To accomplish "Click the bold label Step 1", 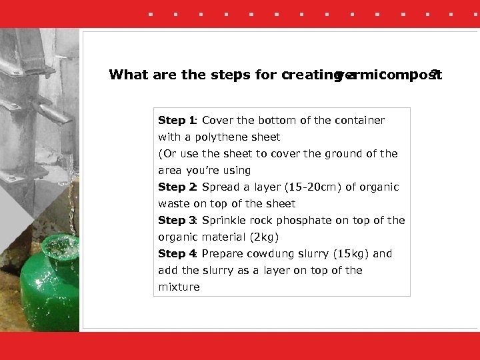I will (175, 121).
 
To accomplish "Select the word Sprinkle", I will (224, 221).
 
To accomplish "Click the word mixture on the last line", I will (179, 287).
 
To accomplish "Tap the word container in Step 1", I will (360, 121).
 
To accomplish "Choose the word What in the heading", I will (129, 75).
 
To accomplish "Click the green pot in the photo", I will (50, 293).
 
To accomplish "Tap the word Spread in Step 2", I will (219, 187).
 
